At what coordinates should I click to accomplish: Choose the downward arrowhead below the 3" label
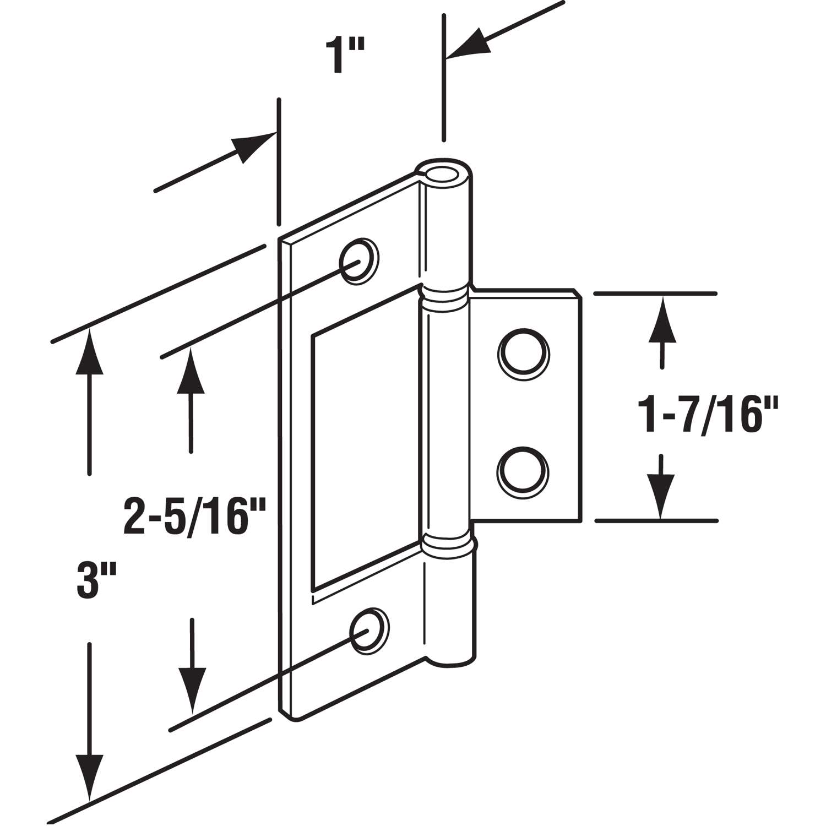tap(90, 777)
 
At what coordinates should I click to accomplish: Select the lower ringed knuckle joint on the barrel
tap(448, 545)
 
